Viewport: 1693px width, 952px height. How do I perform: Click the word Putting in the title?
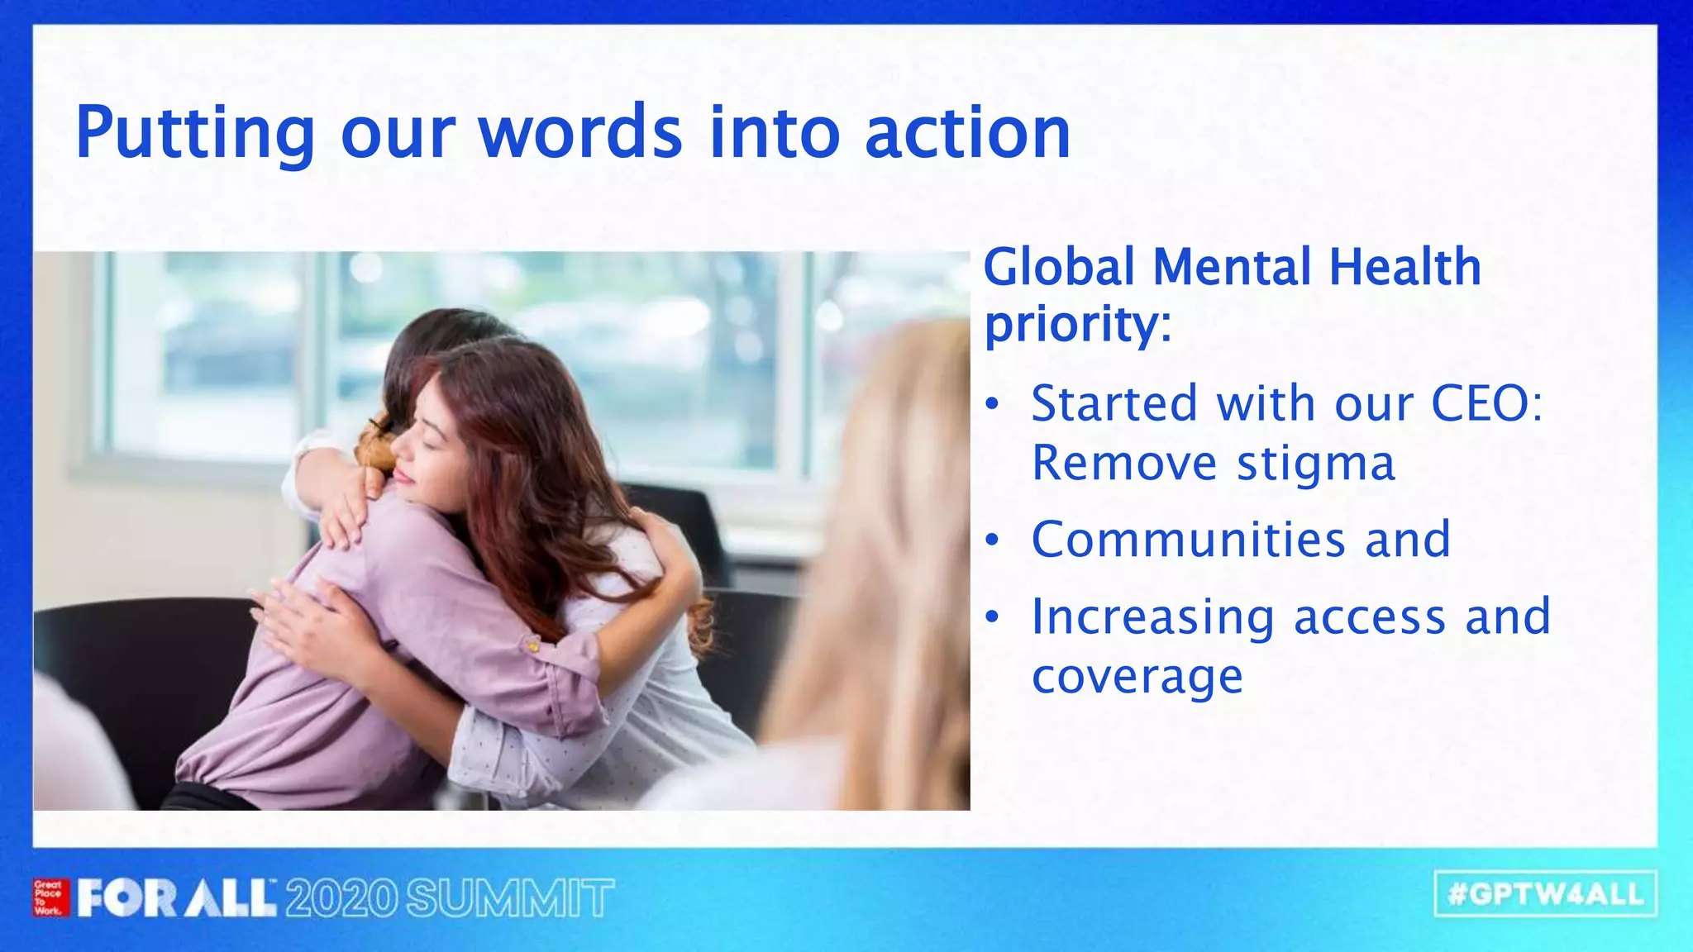pyautogui.click(x=195, y=134)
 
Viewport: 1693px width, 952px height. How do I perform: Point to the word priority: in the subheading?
pyautogui.click(x=1078, y=325)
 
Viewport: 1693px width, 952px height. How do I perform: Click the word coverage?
pyautogui.click(x=1137, y=677)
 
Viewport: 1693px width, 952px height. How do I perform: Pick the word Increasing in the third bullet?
pyautogui.click(x=1153, y=618)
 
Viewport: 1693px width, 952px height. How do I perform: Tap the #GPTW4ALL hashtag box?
pyautogui.click(x=1545, y=894)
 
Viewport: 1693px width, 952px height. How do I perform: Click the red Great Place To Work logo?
pyautogui.click(x=50, y=897)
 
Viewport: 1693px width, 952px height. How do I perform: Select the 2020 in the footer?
pyautogui.click(x=341, y=898)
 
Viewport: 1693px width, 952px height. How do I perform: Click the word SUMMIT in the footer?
pyautogui.click(x=510, y=898)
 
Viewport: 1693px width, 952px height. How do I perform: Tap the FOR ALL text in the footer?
pyautogui.click(x=177, y=898)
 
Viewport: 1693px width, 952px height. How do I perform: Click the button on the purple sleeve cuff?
pyautogui.click(x=535, y=645)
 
